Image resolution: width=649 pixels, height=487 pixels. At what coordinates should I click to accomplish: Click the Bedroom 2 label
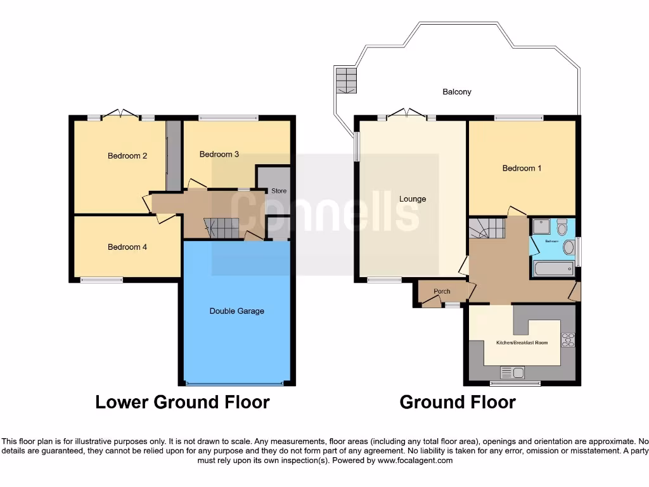point(127,156)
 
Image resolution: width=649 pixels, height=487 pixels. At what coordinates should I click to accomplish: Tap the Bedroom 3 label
point(219,154)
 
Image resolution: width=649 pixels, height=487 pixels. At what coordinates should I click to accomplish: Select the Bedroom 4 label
point(127,247)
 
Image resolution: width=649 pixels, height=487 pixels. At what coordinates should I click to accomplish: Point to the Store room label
point(279,191)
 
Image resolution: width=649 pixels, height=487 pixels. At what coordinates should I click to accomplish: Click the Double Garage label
point(236,311)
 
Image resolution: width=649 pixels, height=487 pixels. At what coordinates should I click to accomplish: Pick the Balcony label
point(456,92)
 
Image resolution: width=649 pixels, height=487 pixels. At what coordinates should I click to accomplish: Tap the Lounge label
point(413,199)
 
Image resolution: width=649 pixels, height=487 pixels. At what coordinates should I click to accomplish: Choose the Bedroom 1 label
point(522,169)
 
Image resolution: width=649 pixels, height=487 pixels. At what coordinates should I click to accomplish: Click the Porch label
point(442,292)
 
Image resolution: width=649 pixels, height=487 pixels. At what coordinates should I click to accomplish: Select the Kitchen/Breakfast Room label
point(522,343)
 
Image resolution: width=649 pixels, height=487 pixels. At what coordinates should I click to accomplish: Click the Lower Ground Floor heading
point(183,402)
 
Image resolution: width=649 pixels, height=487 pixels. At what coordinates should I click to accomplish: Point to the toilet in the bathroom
point(562,226)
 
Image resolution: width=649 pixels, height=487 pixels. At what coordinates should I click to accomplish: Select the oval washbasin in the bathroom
point(569,247)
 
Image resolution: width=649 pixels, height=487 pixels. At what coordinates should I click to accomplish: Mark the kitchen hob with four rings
point(568,341)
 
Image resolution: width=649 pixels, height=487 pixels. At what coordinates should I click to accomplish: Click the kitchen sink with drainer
point(512,373)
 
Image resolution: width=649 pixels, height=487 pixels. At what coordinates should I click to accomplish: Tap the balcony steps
point(346,81)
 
